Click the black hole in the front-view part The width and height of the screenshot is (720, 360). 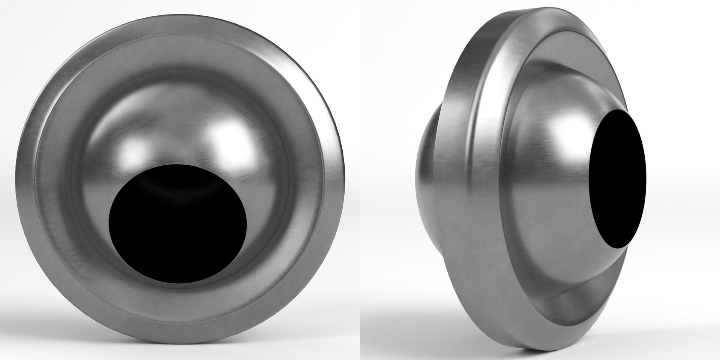(178, 229)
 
